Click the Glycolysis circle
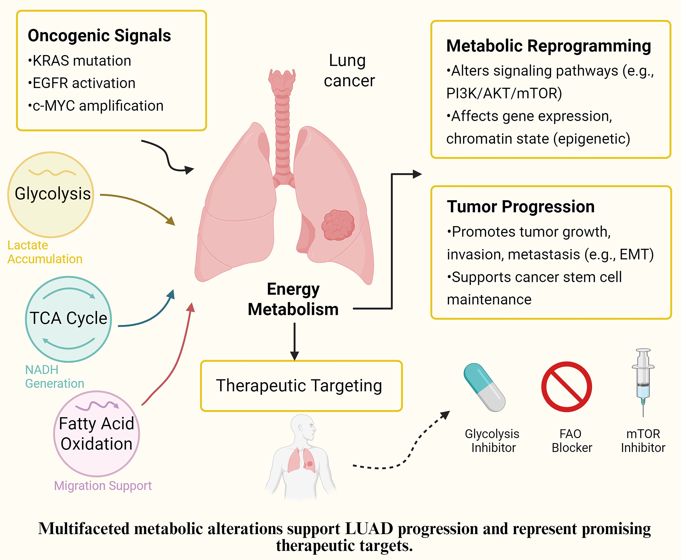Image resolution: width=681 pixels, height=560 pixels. coord(51,194)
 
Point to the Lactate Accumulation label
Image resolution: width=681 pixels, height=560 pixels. coord(45,252)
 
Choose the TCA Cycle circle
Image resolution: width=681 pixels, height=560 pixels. coord(68,319)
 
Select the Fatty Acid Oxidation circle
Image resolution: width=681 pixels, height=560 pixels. coord(96,434)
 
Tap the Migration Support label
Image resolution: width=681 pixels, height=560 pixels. coord(103,485)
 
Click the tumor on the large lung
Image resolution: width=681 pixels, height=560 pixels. coord(338,225)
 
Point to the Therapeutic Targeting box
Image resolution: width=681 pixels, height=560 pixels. coord(301,386)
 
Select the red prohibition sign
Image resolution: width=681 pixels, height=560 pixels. coord(566,386)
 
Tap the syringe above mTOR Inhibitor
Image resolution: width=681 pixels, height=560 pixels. coord(643,381)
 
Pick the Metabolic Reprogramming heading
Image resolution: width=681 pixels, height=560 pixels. coord(548,46)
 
